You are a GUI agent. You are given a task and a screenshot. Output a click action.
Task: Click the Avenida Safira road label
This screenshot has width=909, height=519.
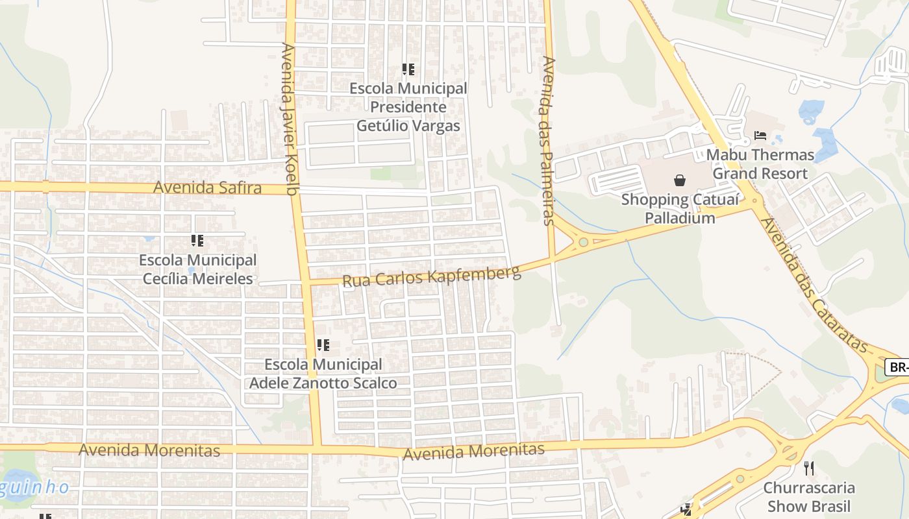[207, 188]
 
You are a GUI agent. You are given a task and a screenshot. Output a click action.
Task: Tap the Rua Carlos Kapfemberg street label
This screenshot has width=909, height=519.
[432, 275]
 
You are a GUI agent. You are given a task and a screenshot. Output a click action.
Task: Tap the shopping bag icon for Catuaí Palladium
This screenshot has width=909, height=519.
[679, 180]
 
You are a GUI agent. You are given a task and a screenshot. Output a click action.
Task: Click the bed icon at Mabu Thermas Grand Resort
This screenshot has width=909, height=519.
[760, 136]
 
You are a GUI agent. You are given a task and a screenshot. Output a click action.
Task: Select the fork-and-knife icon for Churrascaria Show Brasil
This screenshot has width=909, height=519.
[808, 468]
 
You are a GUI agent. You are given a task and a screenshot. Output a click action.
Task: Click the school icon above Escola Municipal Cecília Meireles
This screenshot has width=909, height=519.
[197, 241]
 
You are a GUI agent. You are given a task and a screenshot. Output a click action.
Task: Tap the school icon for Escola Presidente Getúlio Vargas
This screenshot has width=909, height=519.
[408, 69]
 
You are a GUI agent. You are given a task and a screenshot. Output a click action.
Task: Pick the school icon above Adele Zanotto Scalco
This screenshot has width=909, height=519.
[323, 345]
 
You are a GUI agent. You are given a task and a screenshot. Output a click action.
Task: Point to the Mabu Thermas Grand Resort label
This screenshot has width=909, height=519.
[760, 164]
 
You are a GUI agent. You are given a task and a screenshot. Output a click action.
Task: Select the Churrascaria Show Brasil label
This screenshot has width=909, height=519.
[808, 496]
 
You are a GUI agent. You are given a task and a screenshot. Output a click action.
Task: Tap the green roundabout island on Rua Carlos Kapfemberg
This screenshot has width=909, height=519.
[583, 243]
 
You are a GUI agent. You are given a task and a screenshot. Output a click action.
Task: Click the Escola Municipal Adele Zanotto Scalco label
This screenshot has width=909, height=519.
[323, 374]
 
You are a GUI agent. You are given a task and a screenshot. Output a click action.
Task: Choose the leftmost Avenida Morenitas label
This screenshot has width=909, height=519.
[149, 450]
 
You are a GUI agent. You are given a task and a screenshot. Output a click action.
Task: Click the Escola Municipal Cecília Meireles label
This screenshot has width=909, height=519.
[198, 269]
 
